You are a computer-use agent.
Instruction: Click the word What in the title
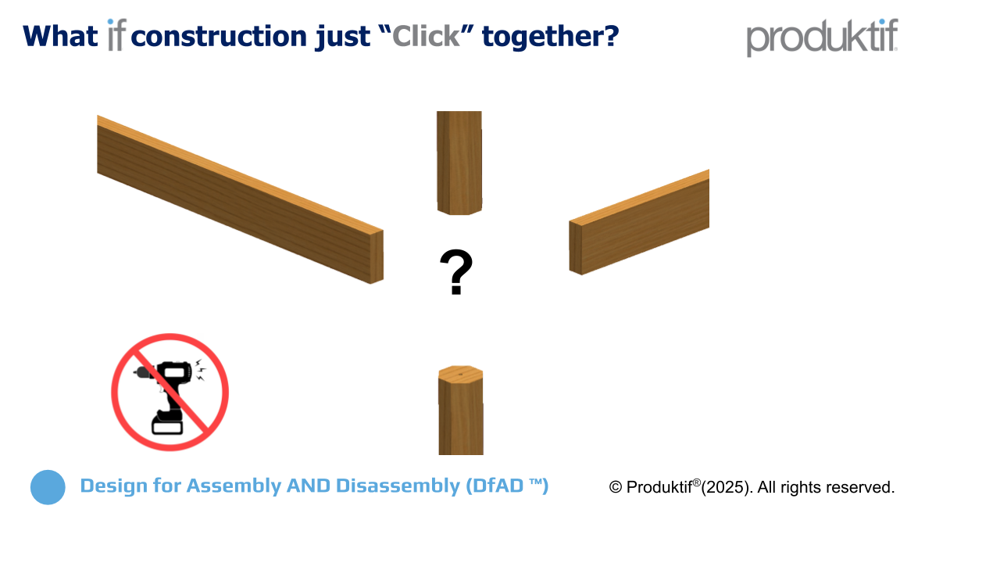click(x=60, y=36)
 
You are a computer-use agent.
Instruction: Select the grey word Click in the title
click(x=426, y=36)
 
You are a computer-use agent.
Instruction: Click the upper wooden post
click(x=459, y=162)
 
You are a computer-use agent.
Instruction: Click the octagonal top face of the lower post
click(x=461, y=374)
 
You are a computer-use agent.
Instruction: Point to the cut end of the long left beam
click(x=377, y=256)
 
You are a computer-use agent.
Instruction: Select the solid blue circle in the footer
click(x=48, y=487)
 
